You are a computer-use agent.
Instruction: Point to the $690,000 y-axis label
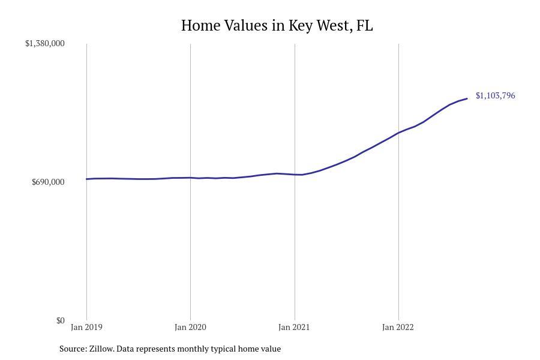click(48, 182)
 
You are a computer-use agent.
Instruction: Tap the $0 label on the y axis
click(60, 320)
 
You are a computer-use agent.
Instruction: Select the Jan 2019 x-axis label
click(86, 327)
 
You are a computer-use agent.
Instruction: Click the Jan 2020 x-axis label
click(190, 327)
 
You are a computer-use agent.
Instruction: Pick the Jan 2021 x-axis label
click(294, 327)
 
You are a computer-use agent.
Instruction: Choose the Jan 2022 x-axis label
click(398, 327)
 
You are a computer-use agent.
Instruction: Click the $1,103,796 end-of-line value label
click(495, 95)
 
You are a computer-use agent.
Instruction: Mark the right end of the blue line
click(467, 98)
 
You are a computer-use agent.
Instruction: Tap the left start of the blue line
click(87, 179)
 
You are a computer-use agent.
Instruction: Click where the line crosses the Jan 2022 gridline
click(398, 133)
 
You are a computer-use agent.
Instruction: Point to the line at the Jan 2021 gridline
click(295, 175)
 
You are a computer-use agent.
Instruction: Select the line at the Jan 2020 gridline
click(191, 178)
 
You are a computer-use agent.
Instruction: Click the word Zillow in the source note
click(101, 349)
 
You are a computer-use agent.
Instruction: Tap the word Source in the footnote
click(72, 349)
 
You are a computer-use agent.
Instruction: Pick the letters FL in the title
click(364, 26)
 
